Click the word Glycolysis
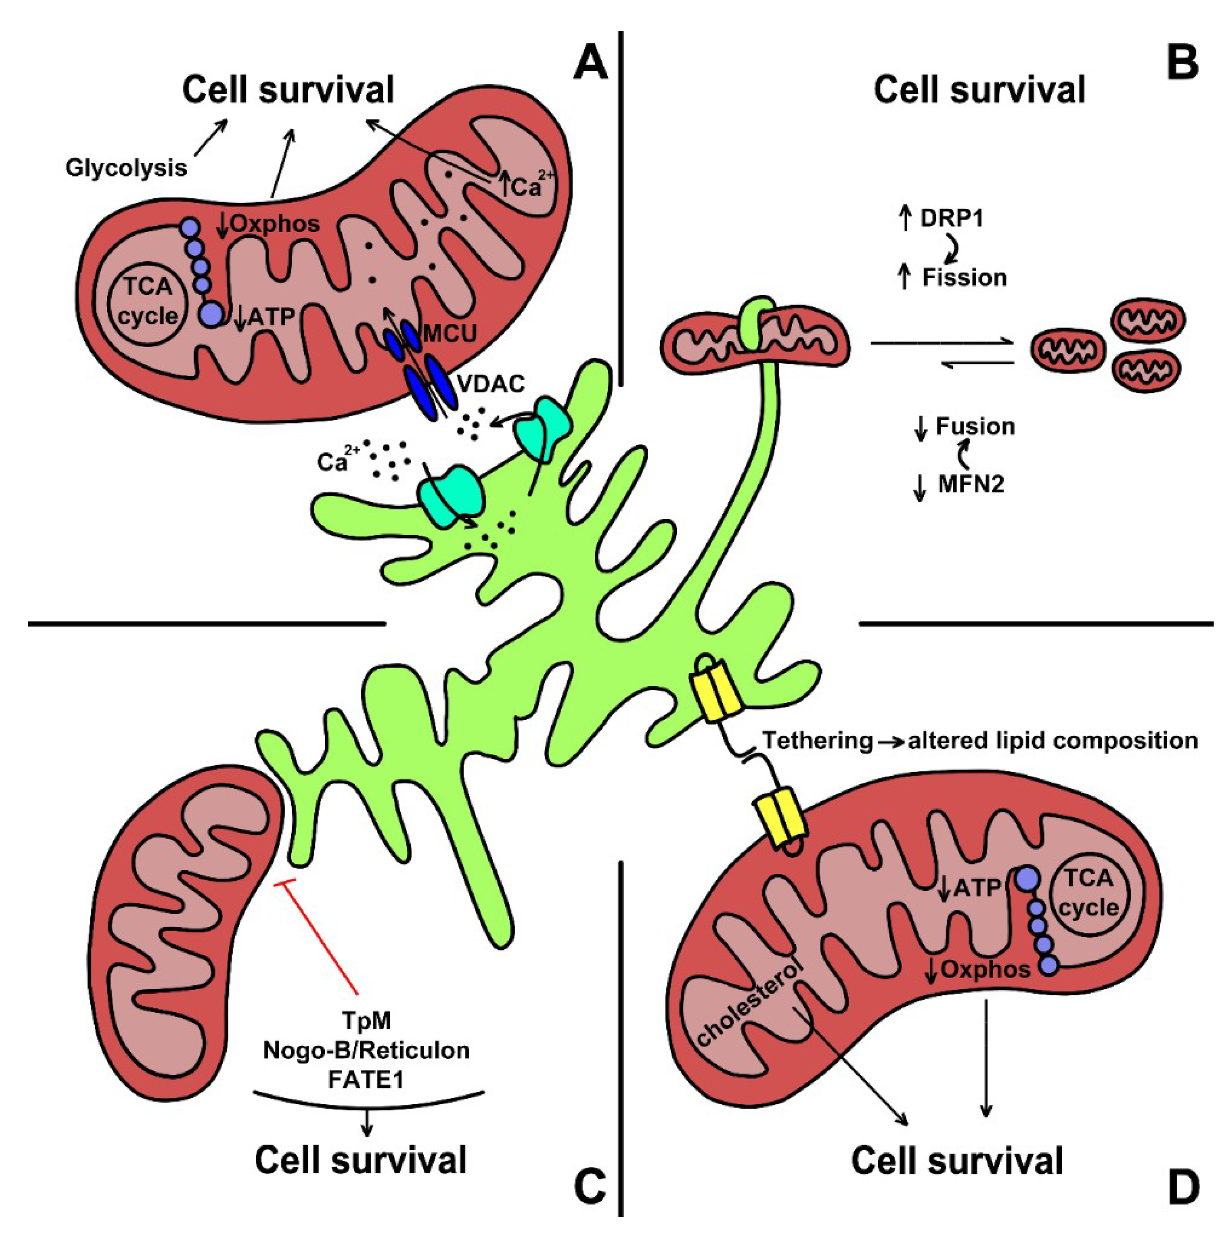(126, 168)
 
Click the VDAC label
(491, 384)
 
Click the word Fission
(964, 278)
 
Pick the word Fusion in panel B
(975, 426)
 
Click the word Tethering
(818, 741)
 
